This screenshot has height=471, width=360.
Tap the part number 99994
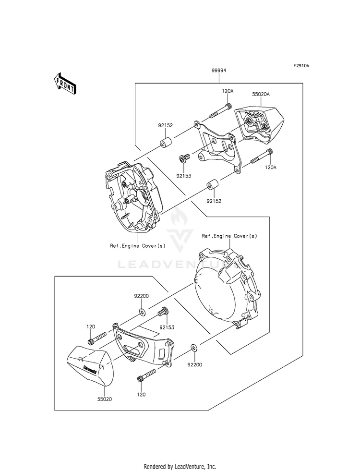tap(219, 71)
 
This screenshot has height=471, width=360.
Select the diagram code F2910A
tap(301, 65)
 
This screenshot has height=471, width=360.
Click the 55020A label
tap(261, 94)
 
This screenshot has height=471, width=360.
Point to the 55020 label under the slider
tap(105, 399)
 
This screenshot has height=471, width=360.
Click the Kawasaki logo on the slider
tap(90, 369)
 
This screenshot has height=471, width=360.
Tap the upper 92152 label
tap(166, 126)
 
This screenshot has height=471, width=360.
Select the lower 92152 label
tap(214, 201)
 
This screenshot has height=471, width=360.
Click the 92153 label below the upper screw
tap(184, 176)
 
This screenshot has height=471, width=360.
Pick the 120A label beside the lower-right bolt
tap(270, 168)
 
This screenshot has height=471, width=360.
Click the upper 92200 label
tap(142, 296)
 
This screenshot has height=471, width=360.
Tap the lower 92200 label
tap(195, 365)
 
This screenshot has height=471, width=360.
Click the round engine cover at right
tap(227, 290)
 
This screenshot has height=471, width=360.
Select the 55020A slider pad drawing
tap(259, 124)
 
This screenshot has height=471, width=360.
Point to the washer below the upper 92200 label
tap(142, 312)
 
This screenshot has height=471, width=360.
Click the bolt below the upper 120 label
tap(97, 338)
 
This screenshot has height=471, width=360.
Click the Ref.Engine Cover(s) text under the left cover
tap(137, 246)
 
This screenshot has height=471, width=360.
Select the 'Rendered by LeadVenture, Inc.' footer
tap(180, 467)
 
